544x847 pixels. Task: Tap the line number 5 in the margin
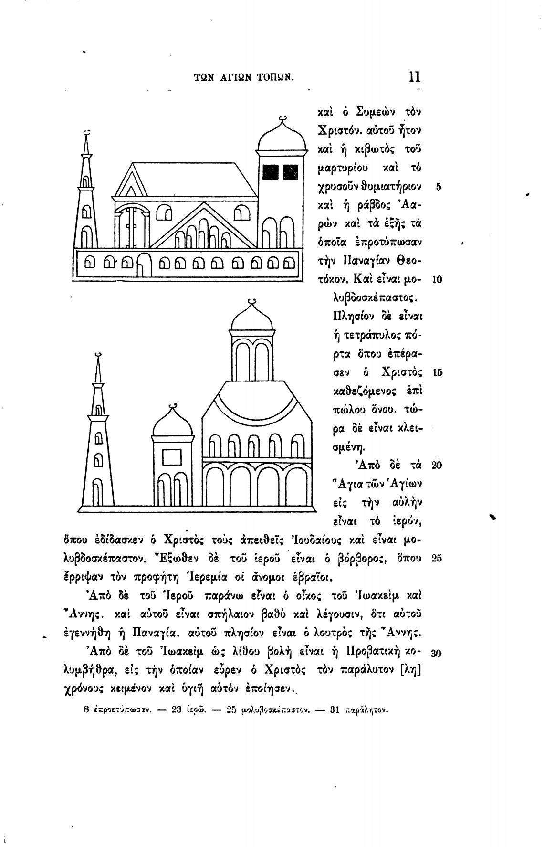[439, 187]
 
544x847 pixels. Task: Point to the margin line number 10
[437, 279]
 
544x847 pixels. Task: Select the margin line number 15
[437, 372]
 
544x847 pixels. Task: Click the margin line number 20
[437, 465]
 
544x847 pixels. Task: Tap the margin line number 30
[437, 654]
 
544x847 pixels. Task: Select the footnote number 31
[335, 709]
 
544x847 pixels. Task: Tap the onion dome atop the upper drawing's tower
[282, 137]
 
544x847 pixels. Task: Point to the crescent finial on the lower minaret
[98, 354]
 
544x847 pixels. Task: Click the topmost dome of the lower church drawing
[252, 318]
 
